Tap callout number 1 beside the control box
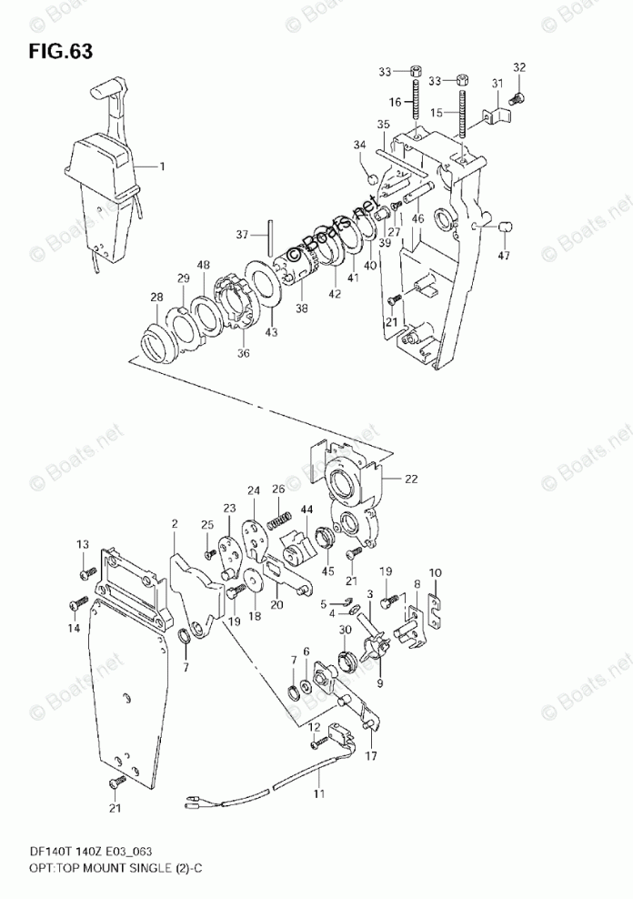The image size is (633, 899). click(x=162, y=167)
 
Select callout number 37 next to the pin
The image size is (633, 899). click(x=241, y=236)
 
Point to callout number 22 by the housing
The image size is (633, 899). click(x=412, y=479)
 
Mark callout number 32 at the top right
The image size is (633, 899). click(x=519, y=67)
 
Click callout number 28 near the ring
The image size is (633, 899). click(x=157, y=298)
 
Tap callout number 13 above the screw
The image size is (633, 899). click(x=83, y=544)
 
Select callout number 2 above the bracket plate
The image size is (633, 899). click(x=174, y=523)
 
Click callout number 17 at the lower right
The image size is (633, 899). click(x=371, y=754)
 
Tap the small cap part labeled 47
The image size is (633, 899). click(x=507, y=225)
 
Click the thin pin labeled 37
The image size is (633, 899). click(x=271, y=237)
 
